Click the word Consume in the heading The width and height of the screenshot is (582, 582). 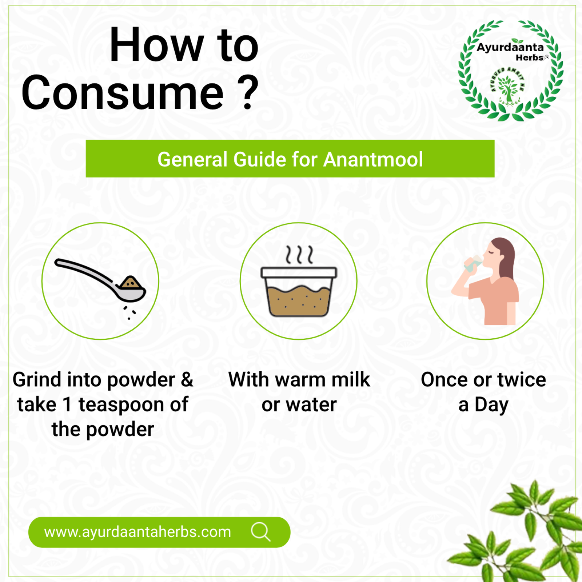point(123,93)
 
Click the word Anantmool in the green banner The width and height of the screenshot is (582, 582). point(373,159)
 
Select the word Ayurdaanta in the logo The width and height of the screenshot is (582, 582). point(510,48)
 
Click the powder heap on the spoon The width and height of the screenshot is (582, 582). point(131,282)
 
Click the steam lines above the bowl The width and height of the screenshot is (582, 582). point(299,254)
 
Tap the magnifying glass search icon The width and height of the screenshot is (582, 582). point(261,532)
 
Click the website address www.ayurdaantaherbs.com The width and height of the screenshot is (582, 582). point(137,532)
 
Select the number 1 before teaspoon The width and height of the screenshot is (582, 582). point(67,404)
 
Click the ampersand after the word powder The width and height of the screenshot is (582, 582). point(187,379)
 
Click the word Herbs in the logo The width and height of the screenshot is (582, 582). point(530,57)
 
